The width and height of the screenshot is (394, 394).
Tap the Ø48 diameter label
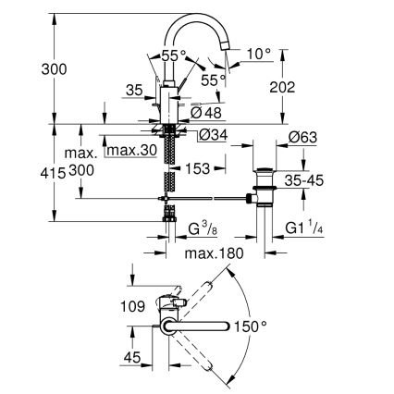(205, 113)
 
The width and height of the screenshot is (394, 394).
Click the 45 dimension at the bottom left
(131, 360)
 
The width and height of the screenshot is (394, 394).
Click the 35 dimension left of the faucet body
(135, 91)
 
